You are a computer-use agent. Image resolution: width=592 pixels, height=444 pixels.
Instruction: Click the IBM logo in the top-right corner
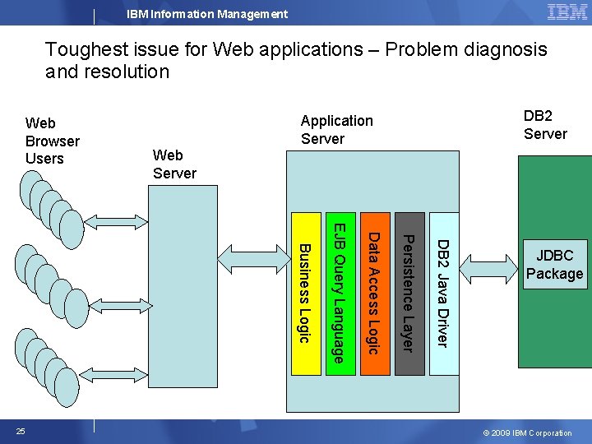click(567, 12)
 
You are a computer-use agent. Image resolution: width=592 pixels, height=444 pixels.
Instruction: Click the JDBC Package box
click(554, 265)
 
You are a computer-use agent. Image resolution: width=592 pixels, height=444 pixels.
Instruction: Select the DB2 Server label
click(545, 124)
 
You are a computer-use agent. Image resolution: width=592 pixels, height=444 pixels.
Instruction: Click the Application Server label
click(336, 129)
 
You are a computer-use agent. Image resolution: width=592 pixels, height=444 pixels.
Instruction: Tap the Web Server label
click(174, 164)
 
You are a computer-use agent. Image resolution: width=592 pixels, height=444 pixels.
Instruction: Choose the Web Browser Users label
click(52, 141)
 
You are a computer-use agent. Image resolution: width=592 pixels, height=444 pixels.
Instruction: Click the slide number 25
click(21, 432)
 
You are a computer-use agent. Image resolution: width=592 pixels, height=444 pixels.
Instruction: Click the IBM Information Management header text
click(207, 14)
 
